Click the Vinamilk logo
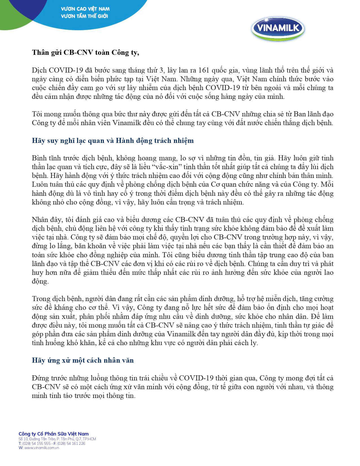click(x=278, y=28)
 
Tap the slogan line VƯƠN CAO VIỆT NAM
click(x=85, y=9)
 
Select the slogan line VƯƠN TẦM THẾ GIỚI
click(x=84, y=16)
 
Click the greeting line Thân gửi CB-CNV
click(x=85, y=53)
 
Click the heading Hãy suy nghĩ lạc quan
click(x=113, y=141)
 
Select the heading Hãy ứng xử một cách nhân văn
click(x=83, y=360)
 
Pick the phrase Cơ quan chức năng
click(x=240, y=184)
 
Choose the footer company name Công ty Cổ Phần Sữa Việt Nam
click(x=54, y=434)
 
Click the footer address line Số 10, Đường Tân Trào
click(x=57, y=439)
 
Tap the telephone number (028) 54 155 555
click(x=36, y=443)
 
